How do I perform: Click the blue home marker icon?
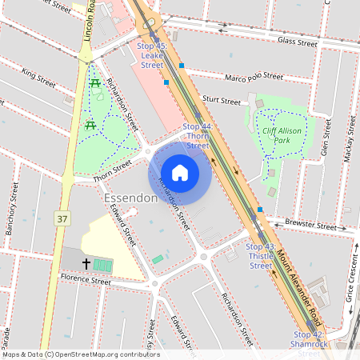point(180,172)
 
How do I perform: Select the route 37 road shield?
point(62,218)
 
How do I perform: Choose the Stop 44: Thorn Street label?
point(198,136)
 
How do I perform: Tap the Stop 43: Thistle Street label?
point(260,256)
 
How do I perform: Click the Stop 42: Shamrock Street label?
point(308,339)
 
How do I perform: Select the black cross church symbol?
point(86,263)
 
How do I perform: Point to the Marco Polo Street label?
point(254,77)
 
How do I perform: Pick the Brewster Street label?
point(313,226)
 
